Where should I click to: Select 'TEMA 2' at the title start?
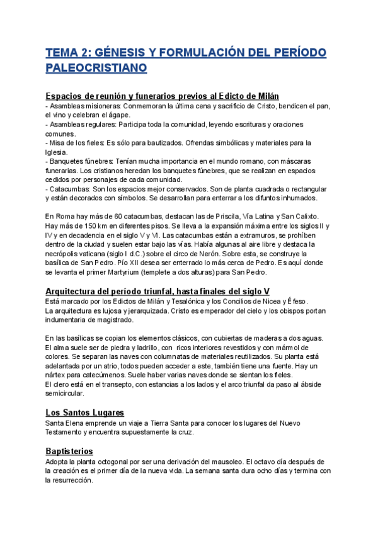pos(68,52)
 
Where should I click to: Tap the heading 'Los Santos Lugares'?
pos(84,412)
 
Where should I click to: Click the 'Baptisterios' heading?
pos(69,452)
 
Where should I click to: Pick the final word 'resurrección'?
pos(69,480)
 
